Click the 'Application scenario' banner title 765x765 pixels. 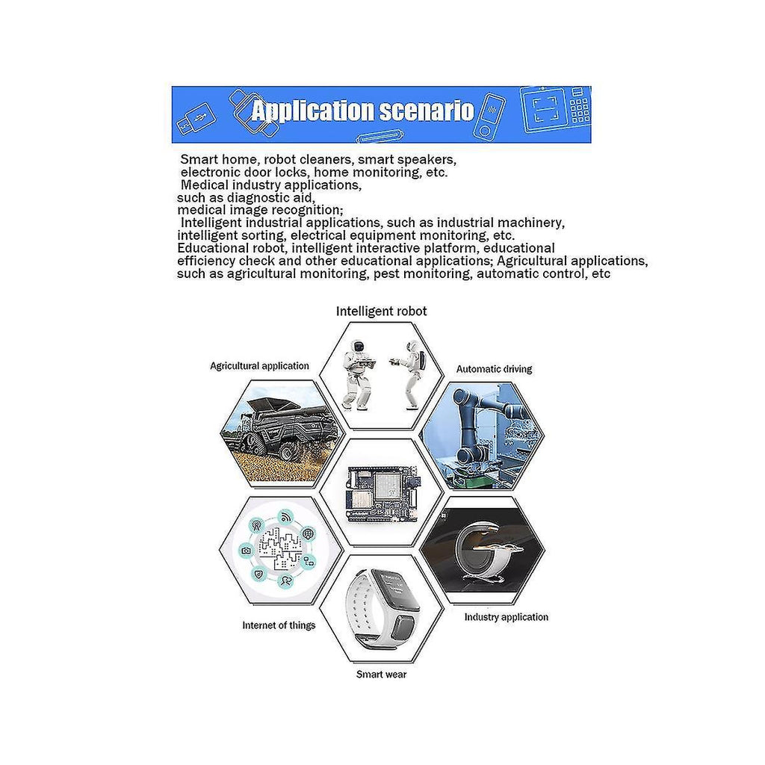tap(362, 111)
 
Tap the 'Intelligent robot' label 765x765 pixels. tap(382, 312)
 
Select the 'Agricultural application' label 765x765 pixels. tap(259, 366)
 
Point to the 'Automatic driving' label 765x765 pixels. tap(494, 369)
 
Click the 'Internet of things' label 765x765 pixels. tap(279, 625)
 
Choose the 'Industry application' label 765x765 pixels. tap(506, 617)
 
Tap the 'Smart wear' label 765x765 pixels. tap(381, 675)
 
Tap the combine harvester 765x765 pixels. tap(282, 430)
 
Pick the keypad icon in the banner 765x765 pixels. tap(580, 107)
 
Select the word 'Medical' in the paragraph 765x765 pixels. tap(205, 185)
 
